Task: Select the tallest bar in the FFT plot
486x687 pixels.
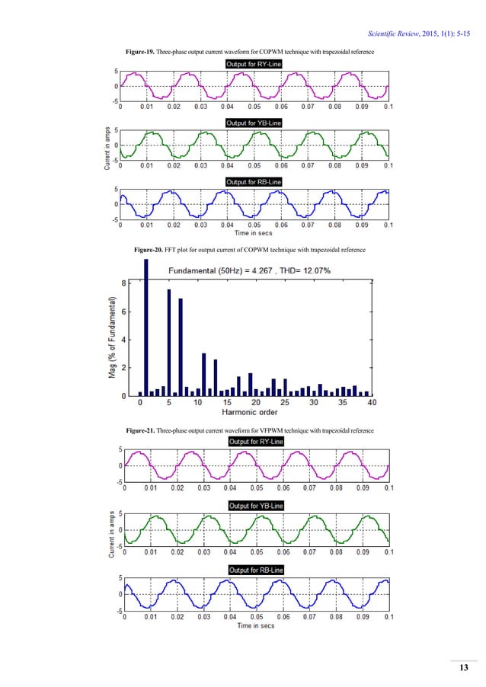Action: click(145, 328)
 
